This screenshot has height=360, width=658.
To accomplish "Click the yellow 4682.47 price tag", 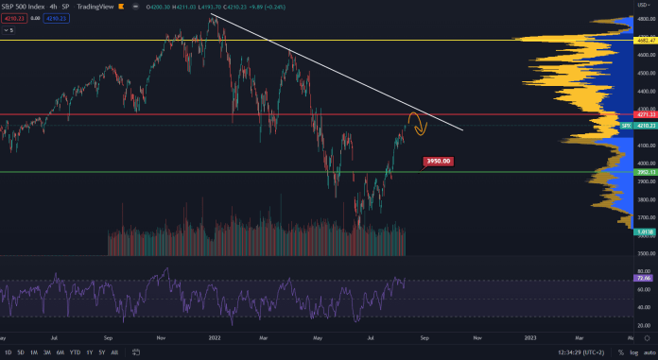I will point(646,42).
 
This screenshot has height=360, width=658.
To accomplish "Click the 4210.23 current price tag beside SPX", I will point(645,126).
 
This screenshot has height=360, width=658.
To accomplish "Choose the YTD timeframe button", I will point(74,352).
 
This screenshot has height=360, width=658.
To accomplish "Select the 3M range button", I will point(46,352).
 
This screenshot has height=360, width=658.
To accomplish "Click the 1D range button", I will point(9,352).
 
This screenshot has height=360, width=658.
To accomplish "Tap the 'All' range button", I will point(115,352).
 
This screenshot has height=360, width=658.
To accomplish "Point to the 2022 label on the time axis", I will point(215,336).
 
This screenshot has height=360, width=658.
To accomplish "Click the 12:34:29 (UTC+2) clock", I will point(570,352).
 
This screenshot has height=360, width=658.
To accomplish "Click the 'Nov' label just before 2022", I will point(162,336).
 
